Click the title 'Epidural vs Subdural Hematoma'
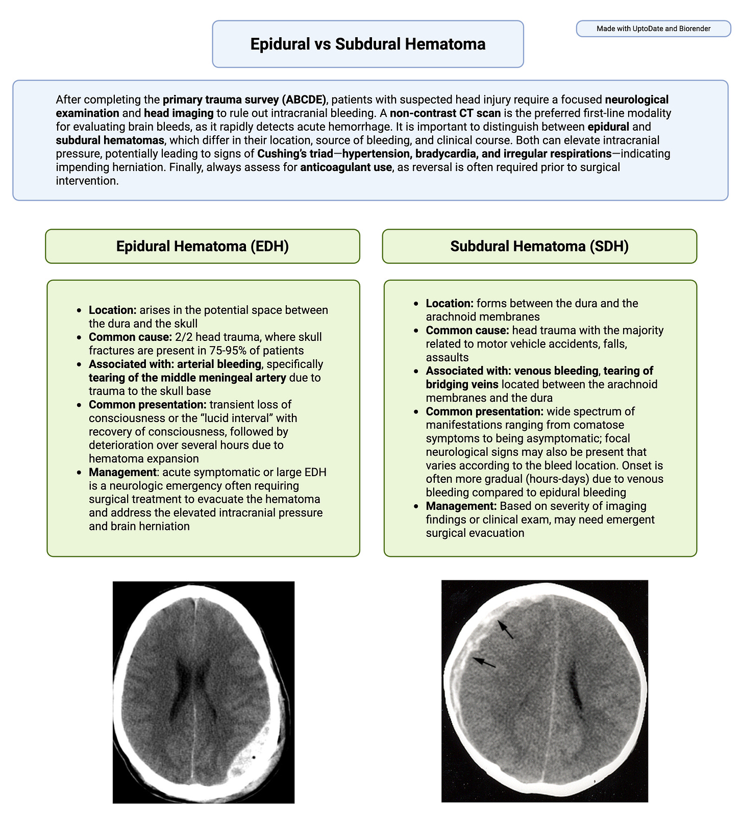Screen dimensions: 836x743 coord(367,44)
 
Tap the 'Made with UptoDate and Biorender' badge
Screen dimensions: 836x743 coord(653,29)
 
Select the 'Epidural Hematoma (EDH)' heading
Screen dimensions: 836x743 coord(202,246)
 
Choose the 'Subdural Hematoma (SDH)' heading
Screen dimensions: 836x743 coord(539,246)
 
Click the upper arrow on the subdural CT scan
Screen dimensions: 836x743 coord(506,629)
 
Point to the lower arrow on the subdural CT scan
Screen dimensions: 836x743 coord(484,662)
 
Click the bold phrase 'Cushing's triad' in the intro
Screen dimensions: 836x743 coord(294,154)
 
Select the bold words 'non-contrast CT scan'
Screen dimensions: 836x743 coord(445,113)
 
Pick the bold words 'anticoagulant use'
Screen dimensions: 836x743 coord(345,167)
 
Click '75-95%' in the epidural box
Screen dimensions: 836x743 coord(229,351)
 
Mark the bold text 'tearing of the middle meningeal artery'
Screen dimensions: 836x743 coord(187,378)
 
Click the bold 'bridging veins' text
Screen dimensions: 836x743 coord(455,384)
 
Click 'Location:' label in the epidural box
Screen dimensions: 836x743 coord(112,310)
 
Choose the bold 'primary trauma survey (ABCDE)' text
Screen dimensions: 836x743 coord(244,100)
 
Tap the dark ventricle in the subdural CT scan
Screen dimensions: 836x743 coord(577,689)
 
